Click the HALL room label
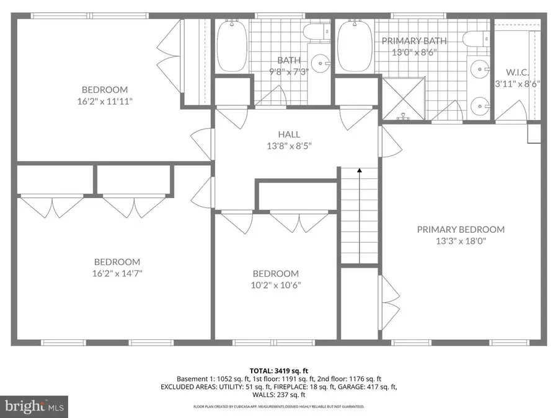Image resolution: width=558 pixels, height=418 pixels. point(289,134)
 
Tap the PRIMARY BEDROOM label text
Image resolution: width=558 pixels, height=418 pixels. point(460,229)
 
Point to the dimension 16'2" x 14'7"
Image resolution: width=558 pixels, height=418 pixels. point(117,273)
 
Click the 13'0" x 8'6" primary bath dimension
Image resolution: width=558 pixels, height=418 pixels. point(414,53)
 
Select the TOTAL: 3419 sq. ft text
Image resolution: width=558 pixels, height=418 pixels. point(278,369)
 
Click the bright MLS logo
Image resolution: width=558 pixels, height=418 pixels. point(34,406)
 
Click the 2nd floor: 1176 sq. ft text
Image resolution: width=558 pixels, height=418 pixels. point(353,378)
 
